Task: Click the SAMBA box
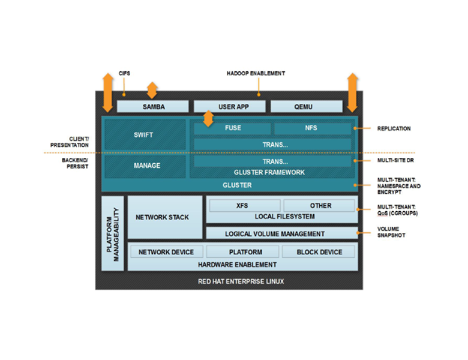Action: click(153, 107)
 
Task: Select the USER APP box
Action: click(230, 107)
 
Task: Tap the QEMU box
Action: click(307, 107)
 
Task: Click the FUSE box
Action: click(233, 128)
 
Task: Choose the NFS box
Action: click(311, 128)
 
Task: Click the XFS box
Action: click(242, 206)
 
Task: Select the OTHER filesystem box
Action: click(320, 206)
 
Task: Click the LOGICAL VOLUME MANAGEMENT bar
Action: click(281, 233)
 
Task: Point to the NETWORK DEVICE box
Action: click(166, 252)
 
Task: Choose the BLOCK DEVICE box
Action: click(319, 252)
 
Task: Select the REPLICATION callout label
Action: click(394, 128)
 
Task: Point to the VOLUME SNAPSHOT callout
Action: click(391, 232)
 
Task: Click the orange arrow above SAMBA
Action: click(152, 90)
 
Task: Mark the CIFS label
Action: click(124, 73)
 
